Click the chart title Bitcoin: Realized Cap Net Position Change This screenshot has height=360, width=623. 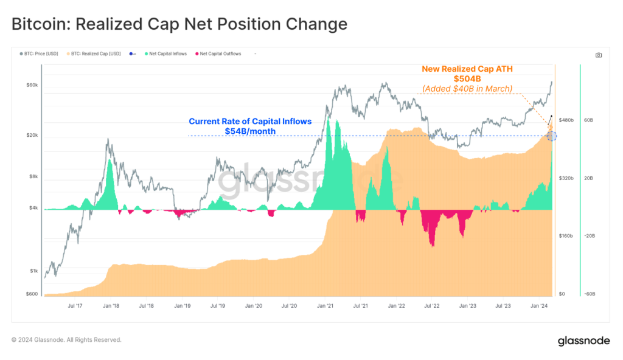179,24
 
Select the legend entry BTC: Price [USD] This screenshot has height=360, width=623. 40,54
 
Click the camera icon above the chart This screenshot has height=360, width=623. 599,55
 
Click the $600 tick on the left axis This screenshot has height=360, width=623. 32,294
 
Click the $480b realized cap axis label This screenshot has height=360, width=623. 566,120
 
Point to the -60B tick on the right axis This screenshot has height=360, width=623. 588,294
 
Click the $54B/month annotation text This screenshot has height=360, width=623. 250,131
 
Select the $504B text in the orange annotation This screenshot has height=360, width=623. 467,79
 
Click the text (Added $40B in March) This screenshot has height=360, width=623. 467,89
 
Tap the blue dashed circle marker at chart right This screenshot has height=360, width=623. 551,136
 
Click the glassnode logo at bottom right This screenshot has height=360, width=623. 583,341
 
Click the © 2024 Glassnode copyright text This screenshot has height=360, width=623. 66,340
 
